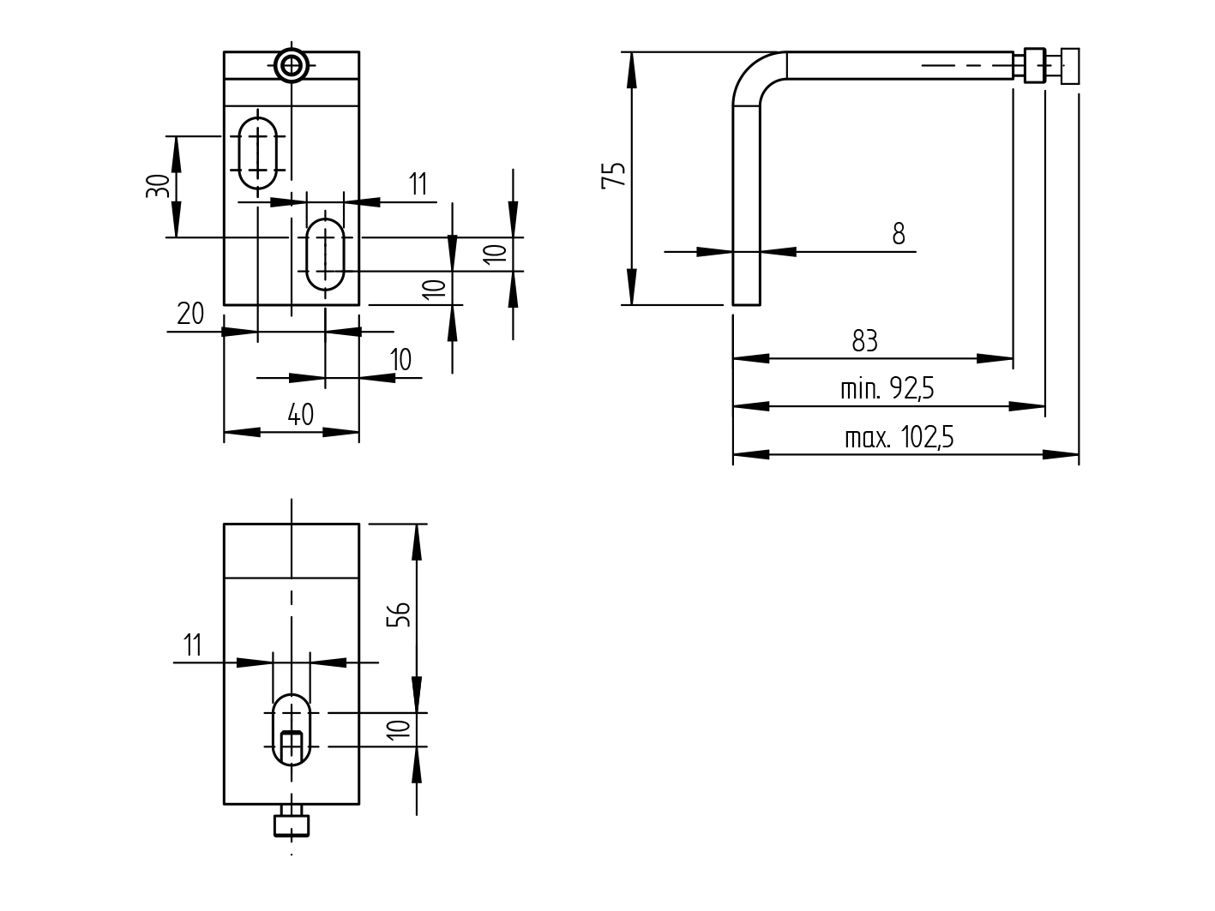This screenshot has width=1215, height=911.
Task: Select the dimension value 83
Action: click(x=864, y=341)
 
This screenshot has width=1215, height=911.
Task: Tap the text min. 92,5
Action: click(x=887, y=389)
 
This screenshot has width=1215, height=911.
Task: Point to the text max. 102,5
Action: click(x=899, y=438)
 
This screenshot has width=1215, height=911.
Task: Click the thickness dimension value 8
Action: click(x=898, y=233)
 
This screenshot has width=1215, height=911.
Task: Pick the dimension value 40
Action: click(x=300, y=415)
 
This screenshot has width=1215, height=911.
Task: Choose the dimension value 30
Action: click(x=157, y=186)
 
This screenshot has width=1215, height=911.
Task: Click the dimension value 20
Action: click(x=190, y=314)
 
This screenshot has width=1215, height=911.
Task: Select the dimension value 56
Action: click(x=399, y=614)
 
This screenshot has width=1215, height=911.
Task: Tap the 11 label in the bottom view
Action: click(x=192, y=644)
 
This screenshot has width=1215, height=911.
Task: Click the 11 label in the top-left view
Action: click(x=418, y=184)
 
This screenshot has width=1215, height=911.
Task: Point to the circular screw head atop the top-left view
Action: click(x=292, y=65)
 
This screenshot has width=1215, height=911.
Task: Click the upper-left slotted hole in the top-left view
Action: click(x=257, y=153)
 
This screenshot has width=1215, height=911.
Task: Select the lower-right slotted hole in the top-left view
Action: click(x=325, y=255)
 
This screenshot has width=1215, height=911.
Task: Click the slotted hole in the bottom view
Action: click(x=292, y=729)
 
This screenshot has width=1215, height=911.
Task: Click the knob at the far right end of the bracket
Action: click(x=1070, y=66)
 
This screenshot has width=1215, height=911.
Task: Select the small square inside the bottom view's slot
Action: click(x=292, y=745)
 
